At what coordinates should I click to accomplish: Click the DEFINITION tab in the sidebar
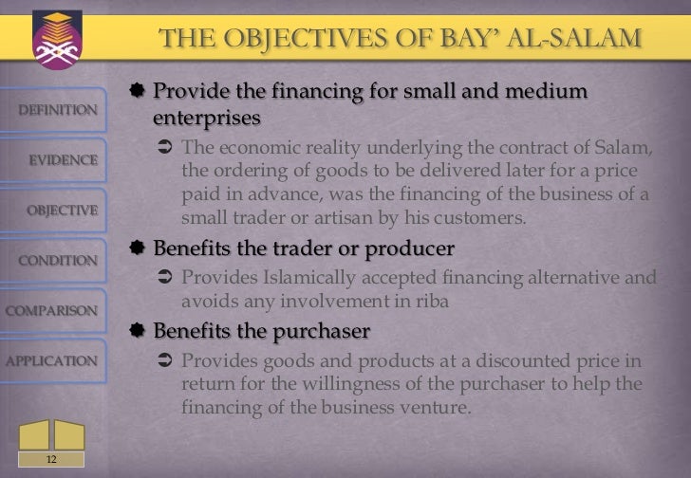[58, 109]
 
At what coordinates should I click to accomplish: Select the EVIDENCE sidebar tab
[62, 159]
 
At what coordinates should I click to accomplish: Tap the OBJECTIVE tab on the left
[63, 210]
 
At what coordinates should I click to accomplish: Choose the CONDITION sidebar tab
[58, 260]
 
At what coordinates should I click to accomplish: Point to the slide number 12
[50, 459]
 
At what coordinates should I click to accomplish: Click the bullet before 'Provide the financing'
[139, 93]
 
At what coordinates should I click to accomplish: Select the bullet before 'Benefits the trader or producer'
[139, 248]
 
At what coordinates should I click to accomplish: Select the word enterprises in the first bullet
[206, 119]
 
